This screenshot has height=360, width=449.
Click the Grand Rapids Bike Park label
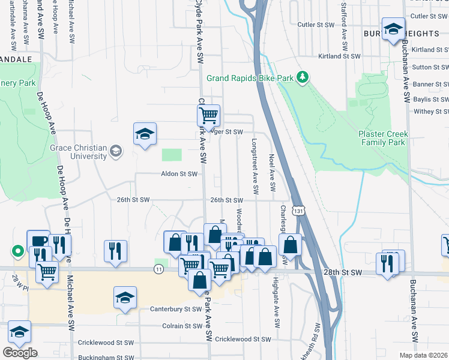(252, 78)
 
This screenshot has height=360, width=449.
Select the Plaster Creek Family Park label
(384, 137)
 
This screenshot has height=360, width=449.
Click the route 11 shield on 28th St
(158, 270)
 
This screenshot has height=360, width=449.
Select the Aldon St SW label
(179, 174)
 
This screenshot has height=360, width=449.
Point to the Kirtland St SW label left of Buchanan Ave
(339, 56)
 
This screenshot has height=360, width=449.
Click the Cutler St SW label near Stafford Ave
(315, 25)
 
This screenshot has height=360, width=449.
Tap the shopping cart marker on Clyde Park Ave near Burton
(208, 114)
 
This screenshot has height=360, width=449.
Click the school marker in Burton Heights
(393, 29)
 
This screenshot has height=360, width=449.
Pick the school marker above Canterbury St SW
(125, 297)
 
